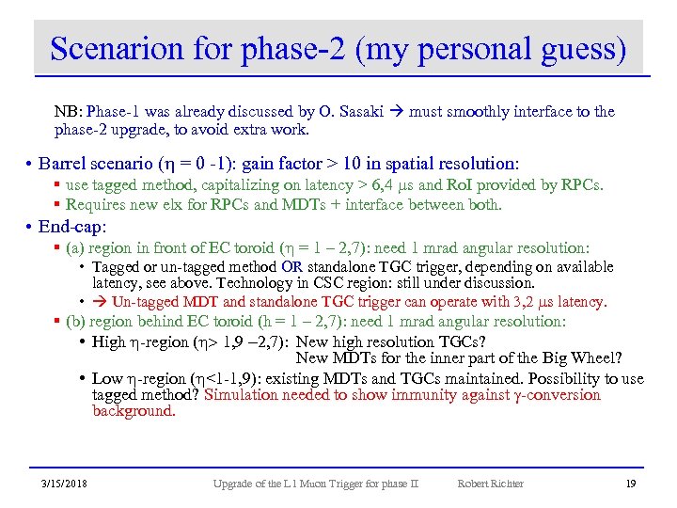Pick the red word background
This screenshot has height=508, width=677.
134,410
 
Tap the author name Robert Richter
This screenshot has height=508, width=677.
490,484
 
